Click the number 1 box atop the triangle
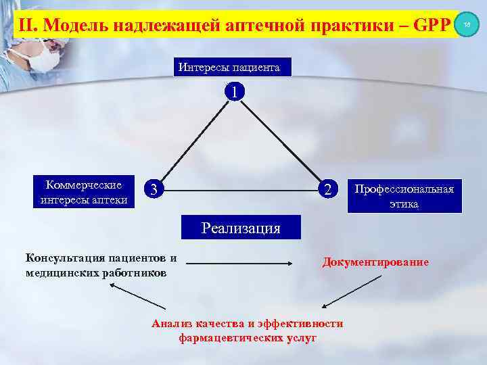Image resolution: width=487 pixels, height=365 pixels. [233, 91]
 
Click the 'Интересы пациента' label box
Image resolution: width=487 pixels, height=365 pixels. [229, 67]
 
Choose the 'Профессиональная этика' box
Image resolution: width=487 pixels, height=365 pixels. [404, 195]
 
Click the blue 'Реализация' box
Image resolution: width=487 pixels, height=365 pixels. [241, 228]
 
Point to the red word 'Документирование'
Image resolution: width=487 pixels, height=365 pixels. [375, 262]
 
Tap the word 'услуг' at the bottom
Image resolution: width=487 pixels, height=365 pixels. [302, 337]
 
